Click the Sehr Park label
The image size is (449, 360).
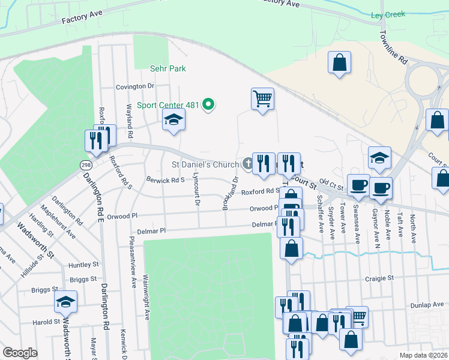pyautogui.click(x=169, y=69)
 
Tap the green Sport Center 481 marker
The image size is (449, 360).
pyautogui.click(x=208, y=105)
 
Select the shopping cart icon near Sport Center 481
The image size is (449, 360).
pyautogui.click(x=263, y=98)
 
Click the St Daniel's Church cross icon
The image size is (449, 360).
pyautogui.click(x=247, y=163)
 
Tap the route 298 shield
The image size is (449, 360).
pyautogui.click(x=85, y=164)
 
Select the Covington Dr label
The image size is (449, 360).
pyautogui.click(x=135, y=86)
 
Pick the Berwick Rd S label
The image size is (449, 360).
pyautogui.click(x=166, y=179)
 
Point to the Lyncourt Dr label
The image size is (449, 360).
pyautogui.click(x=196, y=190)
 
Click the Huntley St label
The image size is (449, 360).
pyautogui.click(x=83, y=265)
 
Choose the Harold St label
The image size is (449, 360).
pyautogui.click(x=44, y=322)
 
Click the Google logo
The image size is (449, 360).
pyautogui.click(x=20, y=353)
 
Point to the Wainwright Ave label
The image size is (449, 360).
pyautogui.click(x=146, y=297)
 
